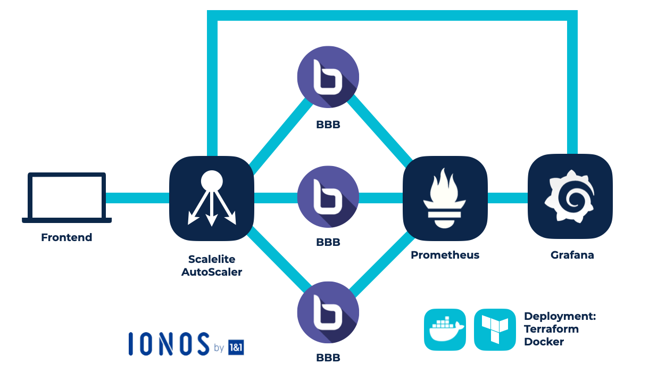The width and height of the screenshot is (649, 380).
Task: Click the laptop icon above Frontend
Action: [x=66, y=197]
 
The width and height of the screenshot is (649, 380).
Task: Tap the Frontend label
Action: [x=66, y=237]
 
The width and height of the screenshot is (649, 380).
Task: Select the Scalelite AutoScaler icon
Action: [x=211, y=198]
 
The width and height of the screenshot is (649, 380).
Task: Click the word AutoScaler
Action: [x=212, y=272]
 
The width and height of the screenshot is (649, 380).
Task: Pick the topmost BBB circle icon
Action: [x=328, y=78]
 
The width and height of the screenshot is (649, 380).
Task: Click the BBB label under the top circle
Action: [x=328, y=125]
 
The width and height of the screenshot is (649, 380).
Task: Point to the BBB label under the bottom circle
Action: [x=328, y=358]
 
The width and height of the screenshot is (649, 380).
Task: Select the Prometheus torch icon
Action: [x=445, y=198]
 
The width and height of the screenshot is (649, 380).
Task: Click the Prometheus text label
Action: [x=445, y=255]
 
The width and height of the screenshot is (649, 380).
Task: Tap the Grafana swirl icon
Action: [x=570, y=196]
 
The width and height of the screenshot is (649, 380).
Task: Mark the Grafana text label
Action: [x=572, y=255]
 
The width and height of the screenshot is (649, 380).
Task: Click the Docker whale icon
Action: [x=445, y=329]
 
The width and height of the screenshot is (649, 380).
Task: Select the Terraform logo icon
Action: [x=495, y=329]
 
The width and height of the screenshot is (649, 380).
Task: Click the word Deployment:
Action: [x=560, y=316]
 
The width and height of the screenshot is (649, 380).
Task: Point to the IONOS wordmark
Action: [x=169, y=344]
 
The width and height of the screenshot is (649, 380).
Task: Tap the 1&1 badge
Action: [x=235, y=347]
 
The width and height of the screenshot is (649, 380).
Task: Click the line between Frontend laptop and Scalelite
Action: [x=137, y=198]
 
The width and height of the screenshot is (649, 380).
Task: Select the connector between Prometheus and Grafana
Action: [x=507, y=198]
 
